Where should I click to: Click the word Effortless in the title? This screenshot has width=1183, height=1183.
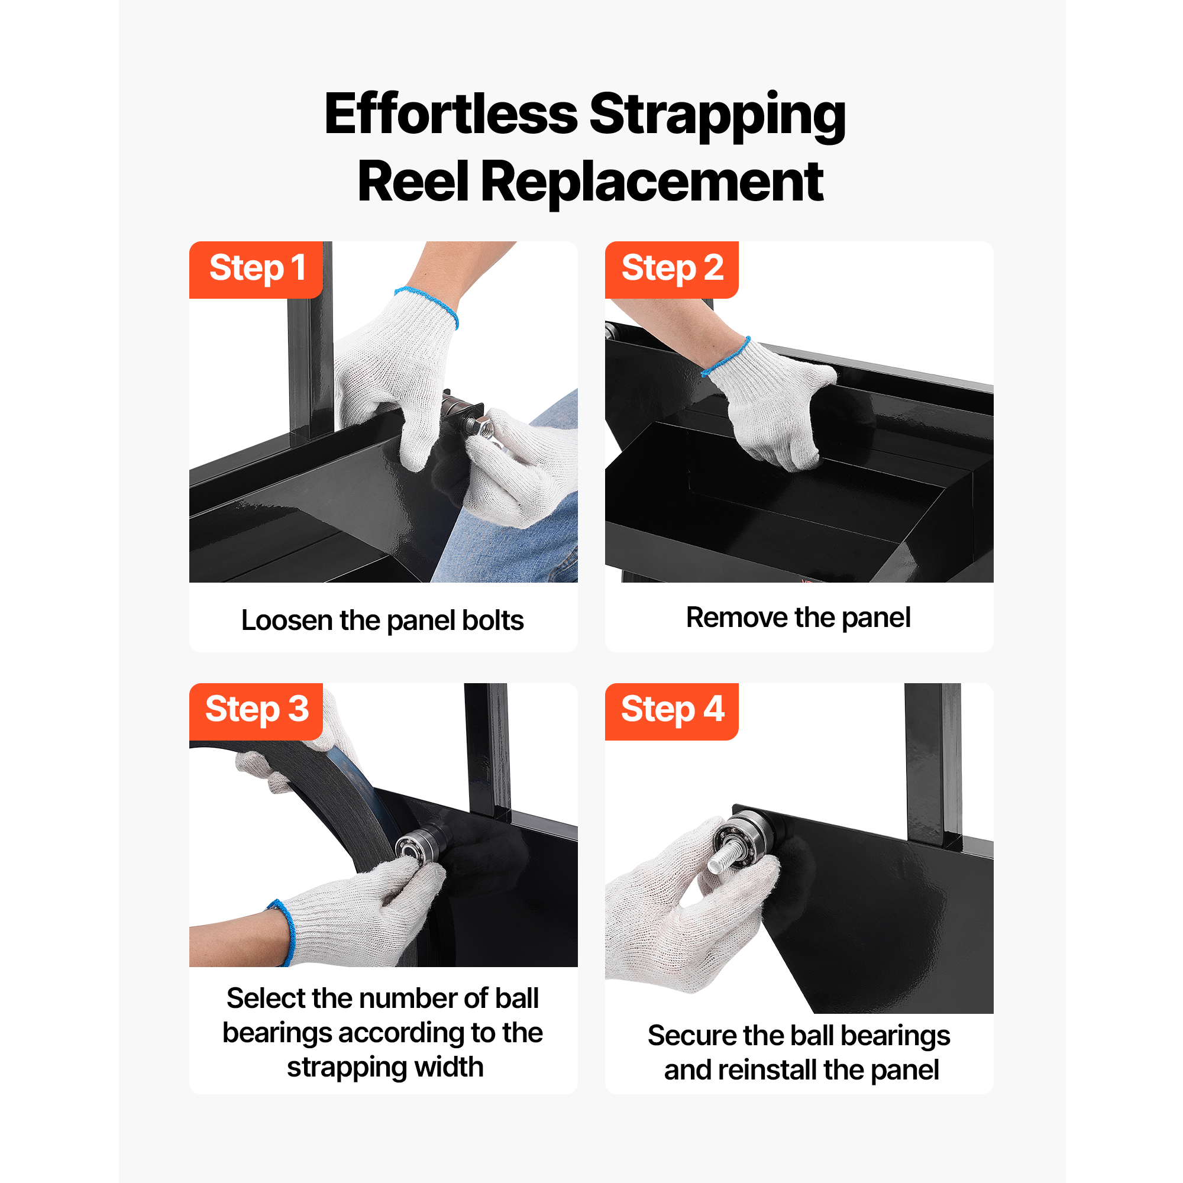[x=451, y=115]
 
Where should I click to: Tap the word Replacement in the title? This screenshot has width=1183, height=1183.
[x=653, y=182]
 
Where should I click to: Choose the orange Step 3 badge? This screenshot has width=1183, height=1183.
[x=256, y=711]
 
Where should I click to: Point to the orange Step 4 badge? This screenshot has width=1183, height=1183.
[x=672, y=711]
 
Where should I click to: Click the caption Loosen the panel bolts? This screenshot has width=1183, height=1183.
[x=383, y=620]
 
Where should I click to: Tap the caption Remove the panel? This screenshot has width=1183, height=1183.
[x=799, y=617]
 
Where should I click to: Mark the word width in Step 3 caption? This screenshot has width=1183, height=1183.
[x=449, y=1067]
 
